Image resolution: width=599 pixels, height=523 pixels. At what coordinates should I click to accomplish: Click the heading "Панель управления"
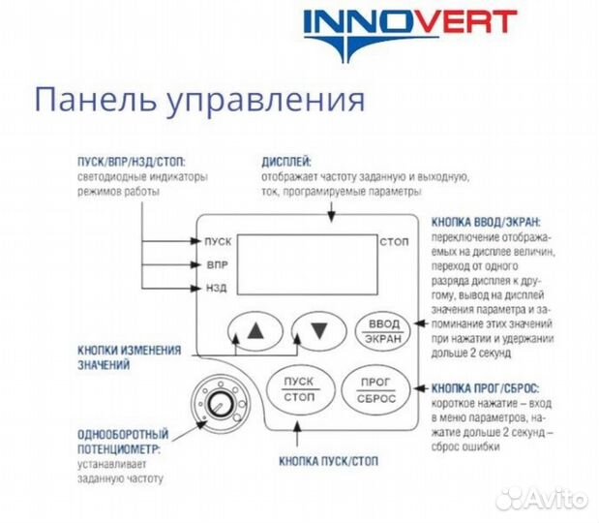(199, 100)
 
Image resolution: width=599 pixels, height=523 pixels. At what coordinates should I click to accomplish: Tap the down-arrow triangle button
(318, 329)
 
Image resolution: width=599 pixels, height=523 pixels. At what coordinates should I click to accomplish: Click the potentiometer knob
(217, 400)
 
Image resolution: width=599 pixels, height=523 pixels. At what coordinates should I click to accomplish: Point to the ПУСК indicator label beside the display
(218, 240)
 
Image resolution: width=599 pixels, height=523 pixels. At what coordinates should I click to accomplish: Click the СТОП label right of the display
(394, 240)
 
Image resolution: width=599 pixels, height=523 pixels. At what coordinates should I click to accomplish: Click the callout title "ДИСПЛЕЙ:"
(287, 163)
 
